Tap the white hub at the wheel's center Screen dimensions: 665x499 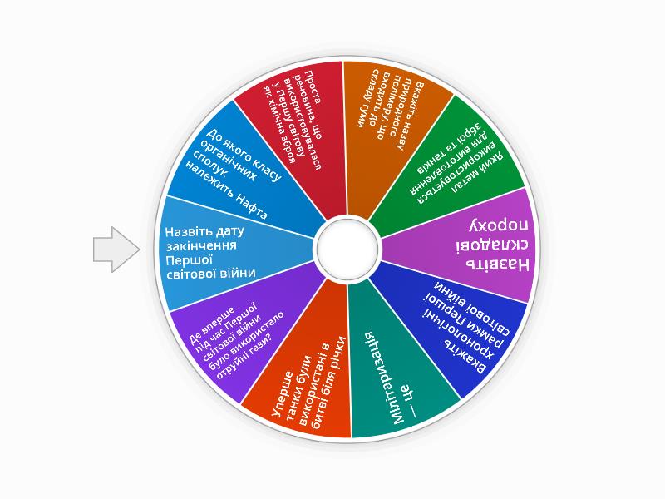(347, 248)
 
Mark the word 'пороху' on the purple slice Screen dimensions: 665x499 (499, 225)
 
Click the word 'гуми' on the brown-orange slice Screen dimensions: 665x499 (362, 115)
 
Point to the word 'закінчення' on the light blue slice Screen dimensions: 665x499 (201, 246)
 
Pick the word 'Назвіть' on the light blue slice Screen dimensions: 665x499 (184, 232)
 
